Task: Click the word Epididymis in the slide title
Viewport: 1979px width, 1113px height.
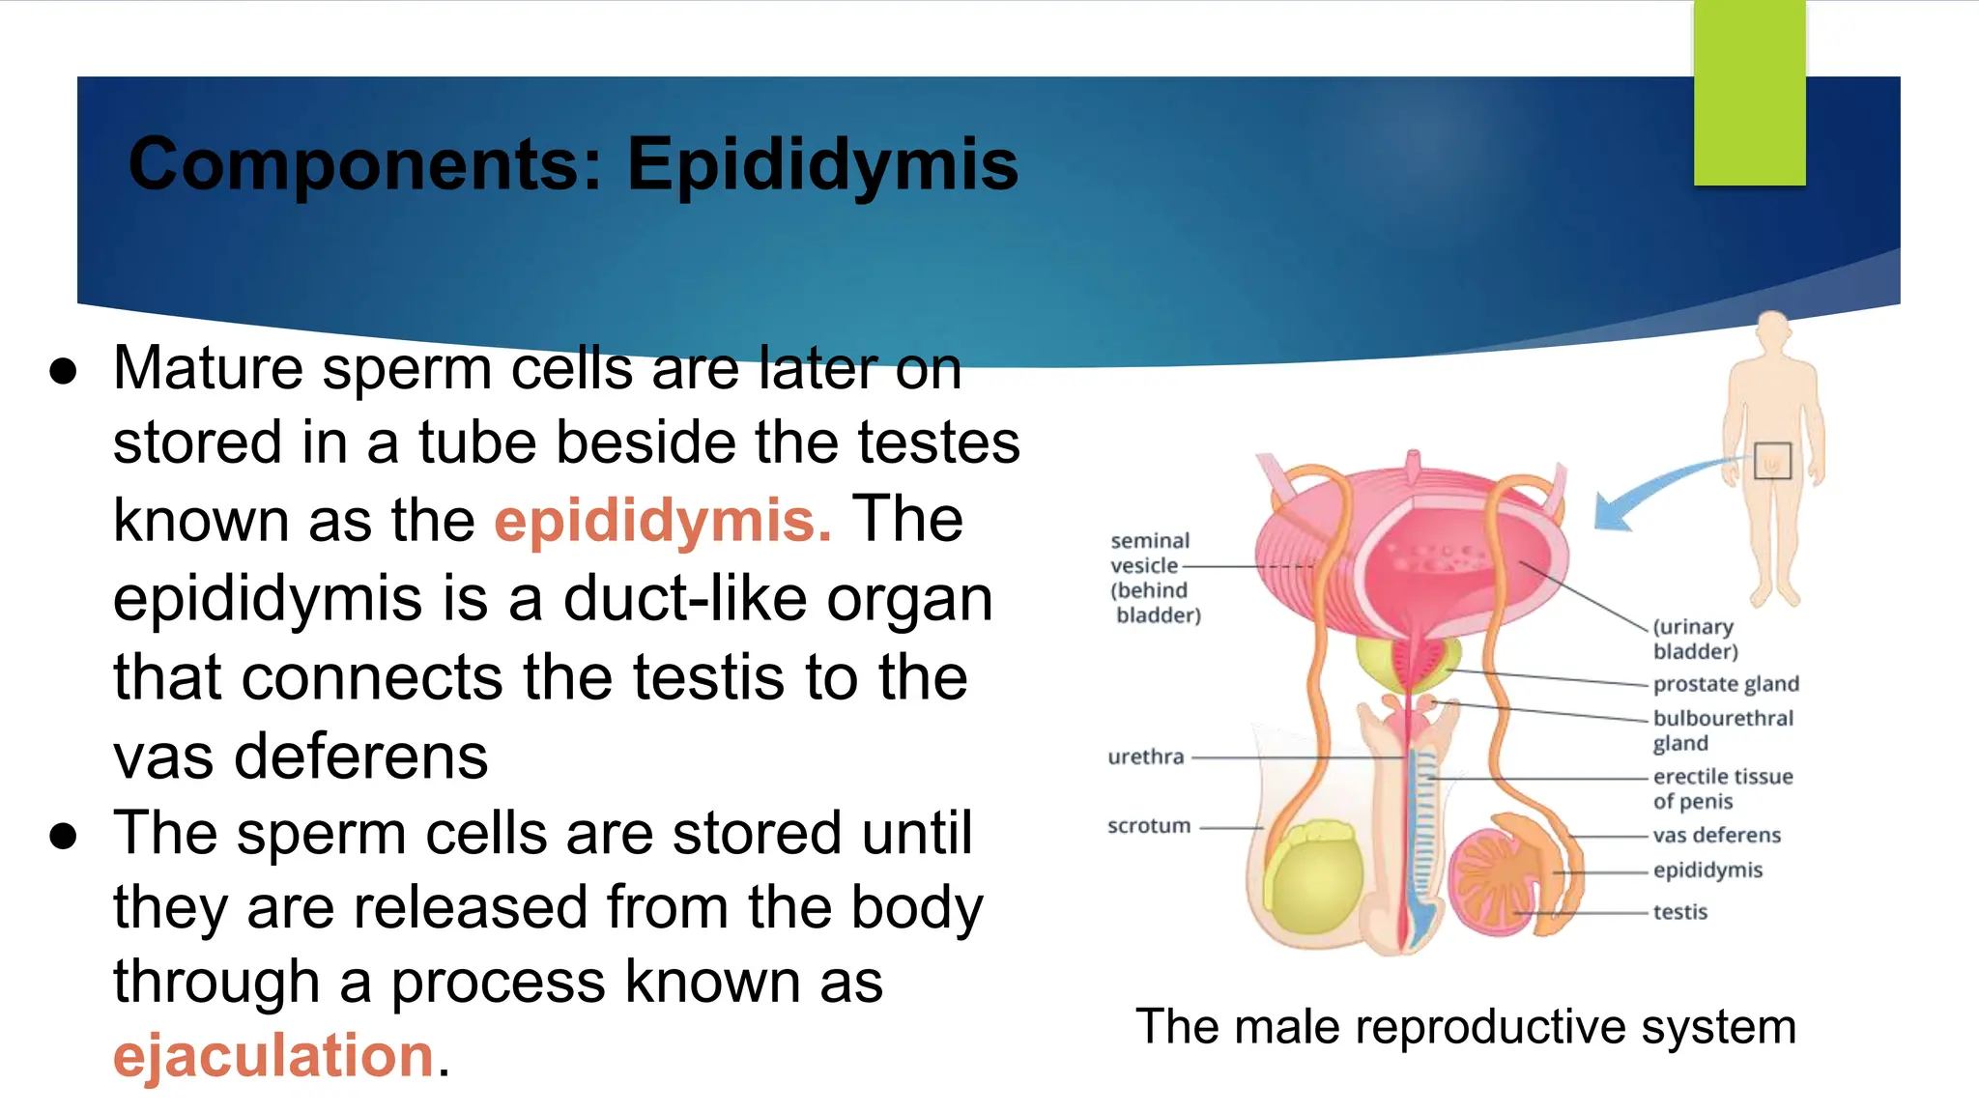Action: pos(822,164)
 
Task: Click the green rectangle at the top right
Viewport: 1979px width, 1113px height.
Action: pos(1749,93)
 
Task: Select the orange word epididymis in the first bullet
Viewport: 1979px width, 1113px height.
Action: pos(663,521)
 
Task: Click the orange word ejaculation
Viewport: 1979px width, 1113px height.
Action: pos(273,1055)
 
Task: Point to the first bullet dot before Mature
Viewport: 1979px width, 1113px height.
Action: pos(64,373)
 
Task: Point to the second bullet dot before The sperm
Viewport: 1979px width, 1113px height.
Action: pos(64,837)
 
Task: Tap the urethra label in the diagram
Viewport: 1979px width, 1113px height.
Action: pos(1145,756)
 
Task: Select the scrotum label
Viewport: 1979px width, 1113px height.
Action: pos(1149,826)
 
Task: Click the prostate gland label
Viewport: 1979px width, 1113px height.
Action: pos(1726,684)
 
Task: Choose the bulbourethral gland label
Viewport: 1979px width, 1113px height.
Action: pos(1722,730)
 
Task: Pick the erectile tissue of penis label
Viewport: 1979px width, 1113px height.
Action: pos(1722,788)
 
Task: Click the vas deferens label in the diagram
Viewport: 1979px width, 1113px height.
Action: pos(1716,835)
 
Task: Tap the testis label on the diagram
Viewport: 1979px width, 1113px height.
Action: pos(1679,912)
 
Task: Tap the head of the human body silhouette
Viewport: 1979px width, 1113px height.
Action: pos(1772,332)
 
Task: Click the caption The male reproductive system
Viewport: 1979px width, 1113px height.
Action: pos(1465,1026)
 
